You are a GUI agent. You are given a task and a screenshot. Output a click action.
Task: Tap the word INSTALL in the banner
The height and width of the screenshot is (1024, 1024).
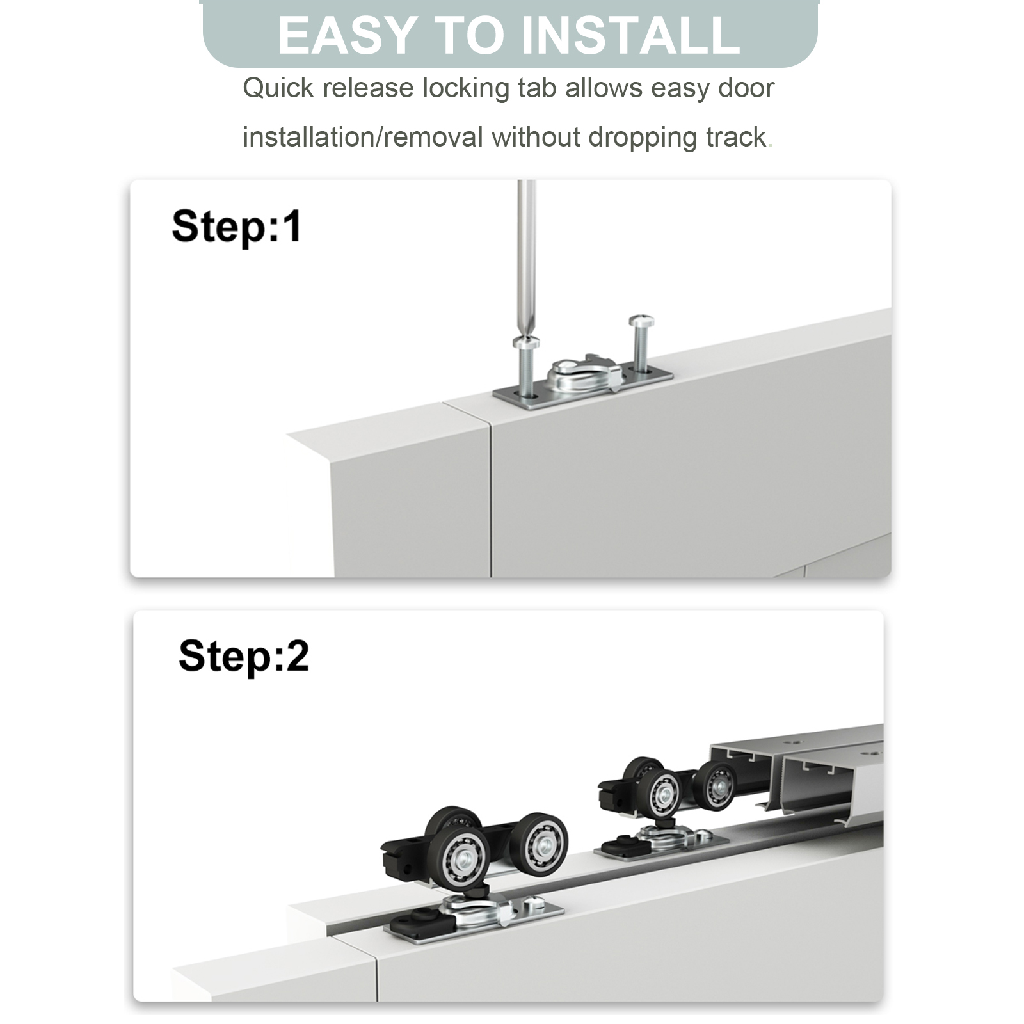point(631,35)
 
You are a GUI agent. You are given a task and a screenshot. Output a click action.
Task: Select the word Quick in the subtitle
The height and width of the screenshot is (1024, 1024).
point(278,88)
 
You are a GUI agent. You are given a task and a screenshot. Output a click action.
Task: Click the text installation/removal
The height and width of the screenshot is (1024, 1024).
point(363,138)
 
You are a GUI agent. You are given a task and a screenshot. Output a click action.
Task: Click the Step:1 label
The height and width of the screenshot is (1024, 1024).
point(237,227)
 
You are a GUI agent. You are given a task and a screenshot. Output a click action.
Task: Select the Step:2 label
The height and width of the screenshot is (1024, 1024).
point(244,656)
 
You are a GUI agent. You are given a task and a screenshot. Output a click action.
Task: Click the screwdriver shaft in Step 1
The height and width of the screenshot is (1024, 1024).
point(526,256)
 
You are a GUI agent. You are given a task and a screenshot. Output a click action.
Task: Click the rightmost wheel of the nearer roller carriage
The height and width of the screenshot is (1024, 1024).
point(538,846)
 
